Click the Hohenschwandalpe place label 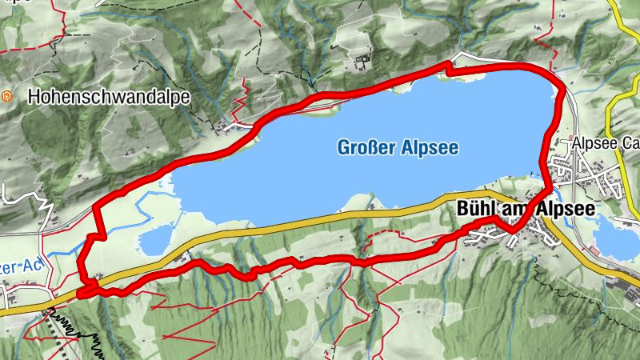(109, 98)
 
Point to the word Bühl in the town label (474, 208)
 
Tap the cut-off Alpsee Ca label (605, 145)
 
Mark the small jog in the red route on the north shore (449, 70)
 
